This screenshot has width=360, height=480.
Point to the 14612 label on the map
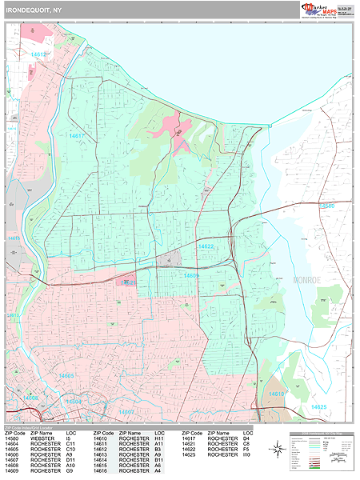tap(39, 54)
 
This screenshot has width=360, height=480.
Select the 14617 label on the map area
tap(77, 137)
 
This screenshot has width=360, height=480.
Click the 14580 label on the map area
tap(327, 206)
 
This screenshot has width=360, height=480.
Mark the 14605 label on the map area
tap(65, 376)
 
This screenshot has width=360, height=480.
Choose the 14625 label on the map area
tap(319, 408)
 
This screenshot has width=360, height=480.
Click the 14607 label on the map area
tap(126, 412)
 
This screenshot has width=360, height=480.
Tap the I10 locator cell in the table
tap(246, 454)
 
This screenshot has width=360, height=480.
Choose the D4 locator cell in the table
tap(246, 438)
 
